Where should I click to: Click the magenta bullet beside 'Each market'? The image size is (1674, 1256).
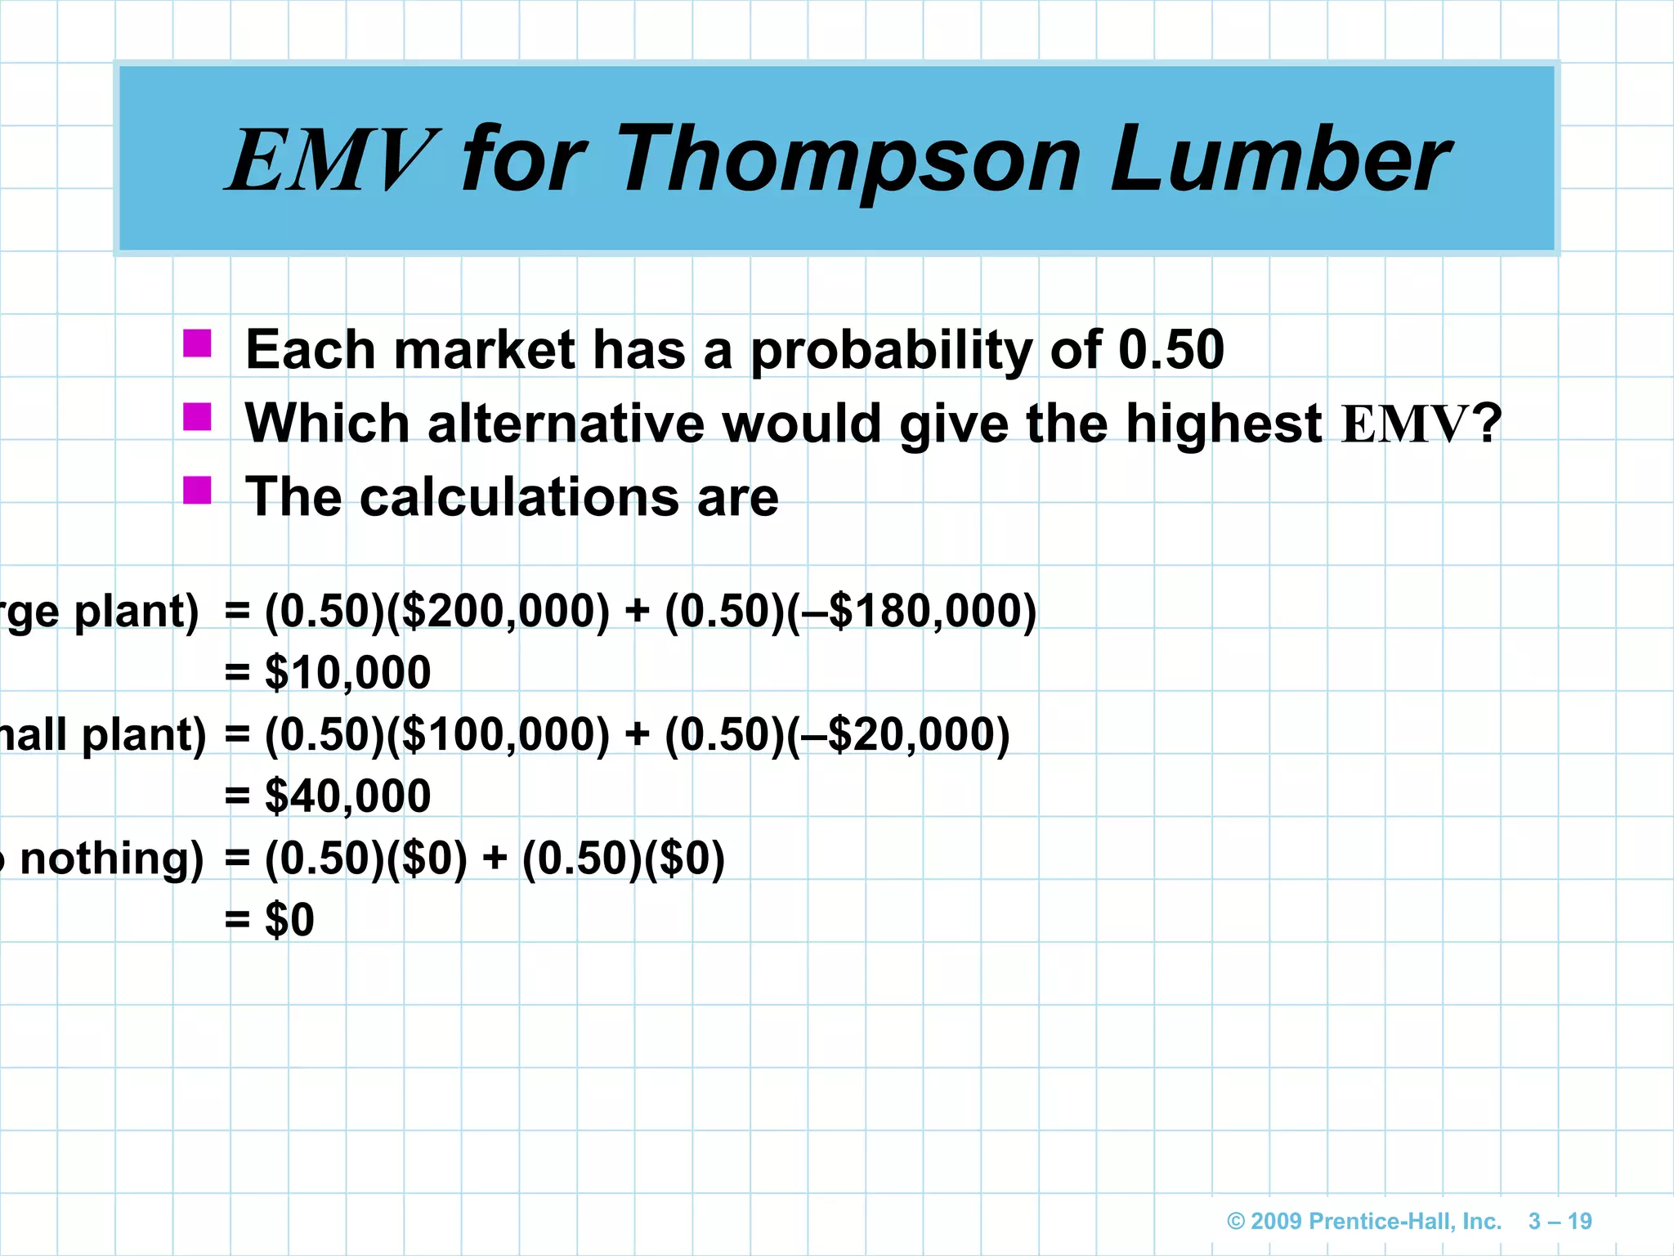pos(197,343)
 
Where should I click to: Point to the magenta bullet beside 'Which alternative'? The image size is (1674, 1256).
pos(197,417)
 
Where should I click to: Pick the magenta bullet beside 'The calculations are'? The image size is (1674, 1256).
pos(197,491)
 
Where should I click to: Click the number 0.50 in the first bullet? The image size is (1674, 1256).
pos(1170,350)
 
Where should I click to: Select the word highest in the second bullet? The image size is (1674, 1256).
pos(1224,424)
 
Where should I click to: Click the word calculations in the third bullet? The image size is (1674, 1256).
pos(519,497)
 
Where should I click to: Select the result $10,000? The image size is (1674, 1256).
pos(347,672)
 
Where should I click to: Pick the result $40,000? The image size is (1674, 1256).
pos(347,795)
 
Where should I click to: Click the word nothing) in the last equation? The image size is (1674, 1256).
pos(111,859)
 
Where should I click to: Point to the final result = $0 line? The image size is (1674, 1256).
pos(270,919)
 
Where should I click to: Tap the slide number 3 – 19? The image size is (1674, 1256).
pos(1560,1221)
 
